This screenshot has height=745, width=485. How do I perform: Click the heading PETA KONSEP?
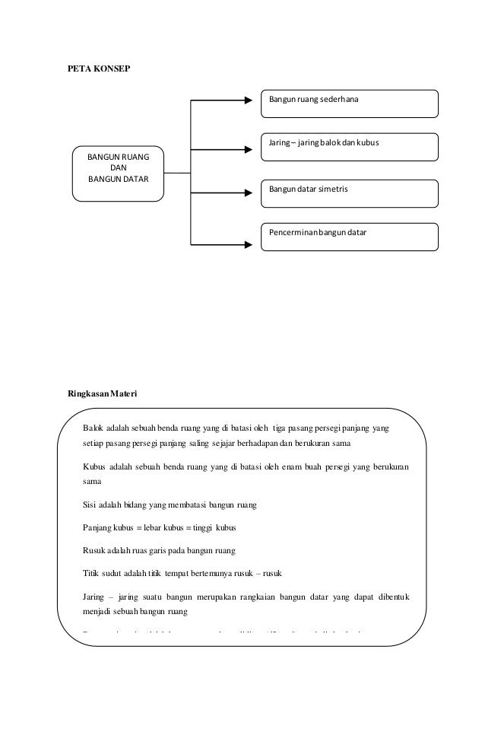[100, 68]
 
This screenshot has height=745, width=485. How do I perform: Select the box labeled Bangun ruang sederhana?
[349, 103]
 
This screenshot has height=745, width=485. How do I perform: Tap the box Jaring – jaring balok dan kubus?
[349, 147]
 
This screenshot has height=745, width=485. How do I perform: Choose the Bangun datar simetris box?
[349, 193]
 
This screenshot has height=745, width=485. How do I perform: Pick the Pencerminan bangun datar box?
[349, 236]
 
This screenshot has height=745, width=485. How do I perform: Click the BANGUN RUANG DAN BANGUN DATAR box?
[119, 173]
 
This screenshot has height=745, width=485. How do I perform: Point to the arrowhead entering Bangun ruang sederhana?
[249, 100]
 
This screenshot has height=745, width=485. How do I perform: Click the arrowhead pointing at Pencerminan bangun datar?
[249, 244]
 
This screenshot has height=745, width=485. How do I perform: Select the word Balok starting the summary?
[91, 428]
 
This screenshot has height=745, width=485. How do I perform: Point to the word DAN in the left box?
[119, 169]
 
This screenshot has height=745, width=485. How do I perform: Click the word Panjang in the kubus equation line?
[96, 527]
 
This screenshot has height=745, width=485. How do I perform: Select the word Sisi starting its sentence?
[88, 504]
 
